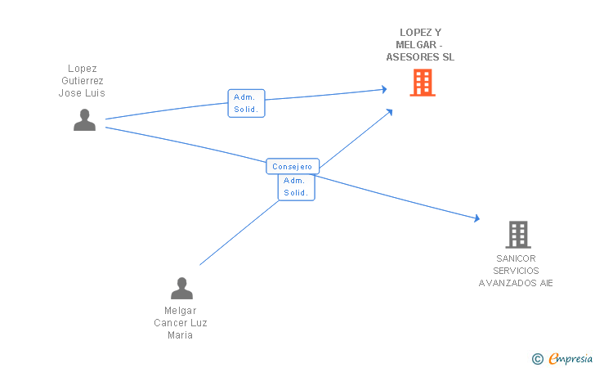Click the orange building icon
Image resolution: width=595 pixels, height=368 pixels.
tap(423, 83)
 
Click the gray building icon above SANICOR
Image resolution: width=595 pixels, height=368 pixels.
tap(518, 235)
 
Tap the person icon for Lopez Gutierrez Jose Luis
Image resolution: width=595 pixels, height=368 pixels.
tap(84, 119)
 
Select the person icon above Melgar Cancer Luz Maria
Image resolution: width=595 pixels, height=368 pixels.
tap(181, 288)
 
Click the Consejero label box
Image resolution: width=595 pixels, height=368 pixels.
tap(293, 166)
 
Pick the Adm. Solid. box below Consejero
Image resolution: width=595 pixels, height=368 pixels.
tap(297, 187)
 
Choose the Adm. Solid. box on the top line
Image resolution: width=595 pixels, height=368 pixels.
tap(246, 103)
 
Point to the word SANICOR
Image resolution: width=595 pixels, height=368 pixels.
tap(516, 258)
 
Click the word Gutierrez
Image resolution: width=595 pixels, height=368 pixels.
tap(83, 81)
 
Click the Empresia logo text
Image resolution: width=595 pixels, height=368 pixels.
tap(570, 358)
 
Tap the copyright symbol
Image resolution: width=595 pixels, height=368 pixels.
tap(537, 359)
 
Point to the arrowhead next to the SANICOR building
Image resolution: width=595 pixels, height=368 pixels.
tap(477, 218)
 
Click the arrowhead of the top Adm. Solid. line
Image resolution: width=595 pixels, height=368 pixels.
tap(384, 89)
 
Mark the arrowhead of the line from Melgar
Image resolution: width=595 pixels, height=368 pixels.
tap(389, 112)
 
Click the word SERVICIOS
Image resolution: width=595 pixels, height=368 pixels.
tap(516, 271)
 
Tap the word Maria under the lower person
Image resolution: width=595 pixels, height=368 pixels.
tap(181, 335)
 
